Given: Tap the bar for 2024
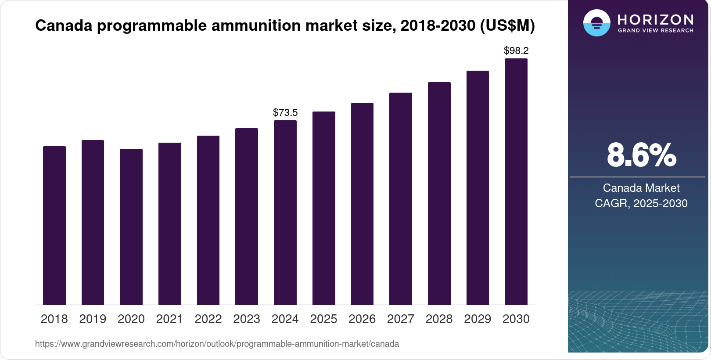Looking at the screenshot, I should coord(285,212).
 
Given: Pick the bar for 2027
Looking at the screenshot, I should coord(401,198).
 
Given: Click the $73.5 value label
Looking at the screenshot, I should coord(285,112).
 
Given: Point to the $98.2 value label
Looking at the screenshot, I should coord(516,50).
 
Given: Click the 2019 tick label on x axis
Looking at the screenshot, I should coord(93,319).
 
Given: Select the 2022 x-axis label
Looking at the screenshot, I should coord(208,319).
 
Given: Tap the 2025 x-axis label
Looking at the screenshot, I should coord(323,319).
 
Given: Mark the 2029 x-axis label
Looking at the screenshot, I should coord(478,319).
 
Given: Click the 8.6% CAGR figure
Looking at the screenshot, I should coord(641,155).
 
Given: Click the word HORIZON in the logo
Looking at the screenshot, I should coord(655,20).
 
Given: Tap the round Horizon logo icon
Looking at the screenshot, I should coord(597,23).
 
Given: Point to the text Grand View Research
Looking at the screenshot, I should coord(655,30).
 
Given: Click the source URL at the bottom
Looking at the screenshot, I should coord(217,344).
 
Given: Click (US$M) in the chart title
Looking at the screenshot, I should coord(507,25).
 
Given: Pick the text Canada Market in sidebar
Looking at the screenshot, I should coord(641,188).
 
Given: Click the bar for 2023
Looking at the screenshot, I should coord(247,216).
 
